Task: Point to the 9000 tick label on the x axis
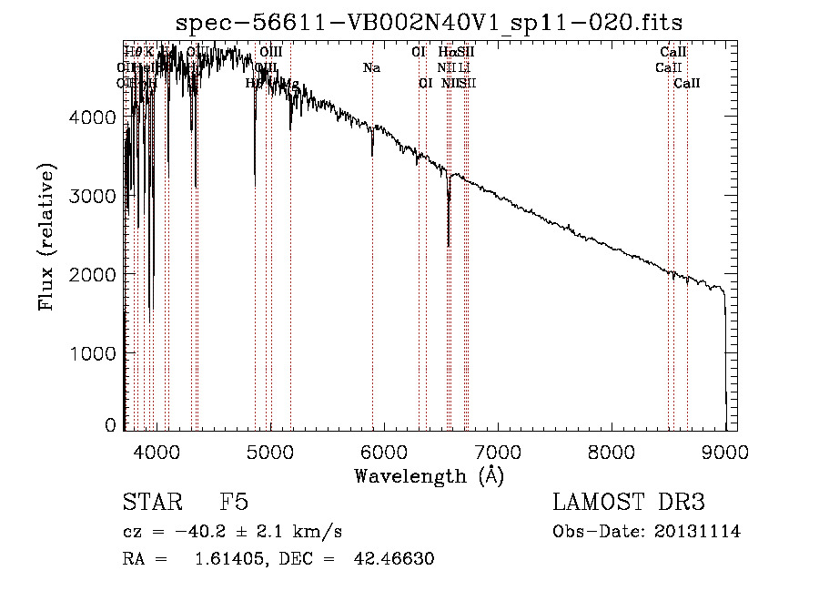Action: [x=725, y=452]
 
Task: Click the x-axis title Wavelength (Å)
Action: [x=429, y=475]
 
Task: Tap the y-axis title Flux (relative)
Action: [x=46, y=236]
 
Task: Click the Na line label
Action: [x=371, y=67]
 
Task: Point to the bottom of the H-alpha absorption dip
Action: [x=449, y=245]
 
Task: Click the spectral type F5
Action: [x=234, y=503]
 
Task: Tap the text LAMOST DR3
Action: [x=628, y=503]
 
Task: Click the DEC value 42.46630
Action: [x=392, y=559]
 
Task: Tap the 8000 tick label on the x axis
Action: [x=612, y=452]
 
